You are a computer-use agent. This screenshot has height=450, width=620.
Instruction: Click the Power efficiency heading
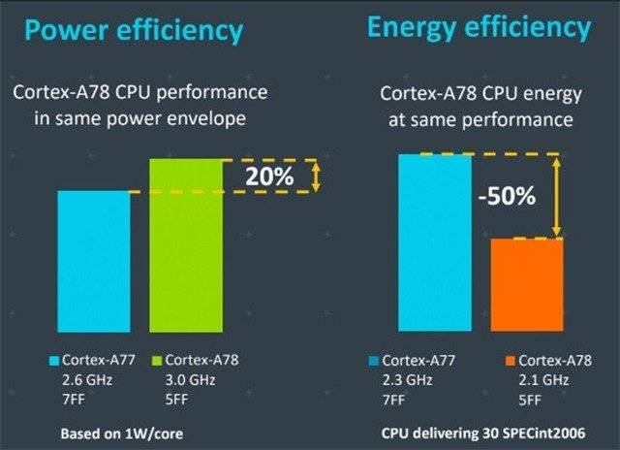(134, 31)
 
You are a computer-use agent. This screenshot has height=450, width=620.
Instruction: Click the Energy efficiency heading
(479, 28)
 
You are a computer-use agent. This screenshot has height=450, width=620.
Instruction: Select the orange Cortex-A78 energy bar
(527, 285)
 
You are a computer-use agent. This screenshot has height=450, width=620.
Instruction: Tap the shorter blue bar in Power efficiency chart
(93, 261)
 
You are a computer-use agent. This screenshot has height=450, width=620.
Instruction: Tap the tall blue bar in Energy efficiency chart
(435, 242)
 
